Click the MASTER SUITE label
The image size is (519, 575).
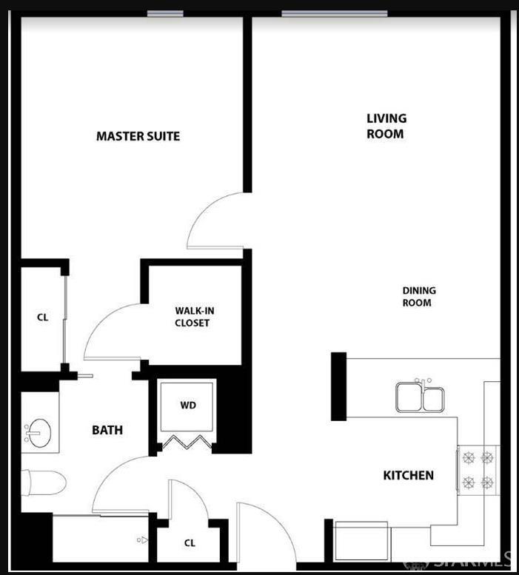coord(138,136)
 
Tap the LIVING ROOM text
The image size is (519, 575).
coord(386,126)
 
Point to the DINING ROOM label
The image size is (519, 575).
coord(418,297)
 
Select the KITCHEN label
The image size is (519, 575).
coord(408,475)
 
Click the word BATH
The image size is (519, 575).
coord(107,430)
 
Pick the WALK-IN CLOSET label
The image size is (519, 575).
coord(193,317)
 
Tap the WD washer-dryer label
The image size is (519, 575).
coord(188,406)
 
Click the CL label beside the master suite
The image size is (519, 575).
coord(42,317)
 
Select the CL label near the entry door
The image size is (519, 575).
coord(190,543)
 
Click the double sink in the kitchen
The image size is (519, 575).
coord(420,397)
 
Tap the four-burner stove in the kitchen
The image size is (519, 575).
coord(478,470)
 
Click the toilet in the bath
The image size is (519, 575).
coord(42,482)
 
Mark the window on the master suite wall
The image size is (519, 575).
coord(165,13)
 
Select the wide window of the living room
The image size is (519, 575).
coord(334,13)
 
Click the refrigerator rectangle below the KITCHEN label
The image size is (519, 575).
coord(362,541)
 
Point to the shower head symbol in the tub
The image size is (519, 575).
coord(142,540)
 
